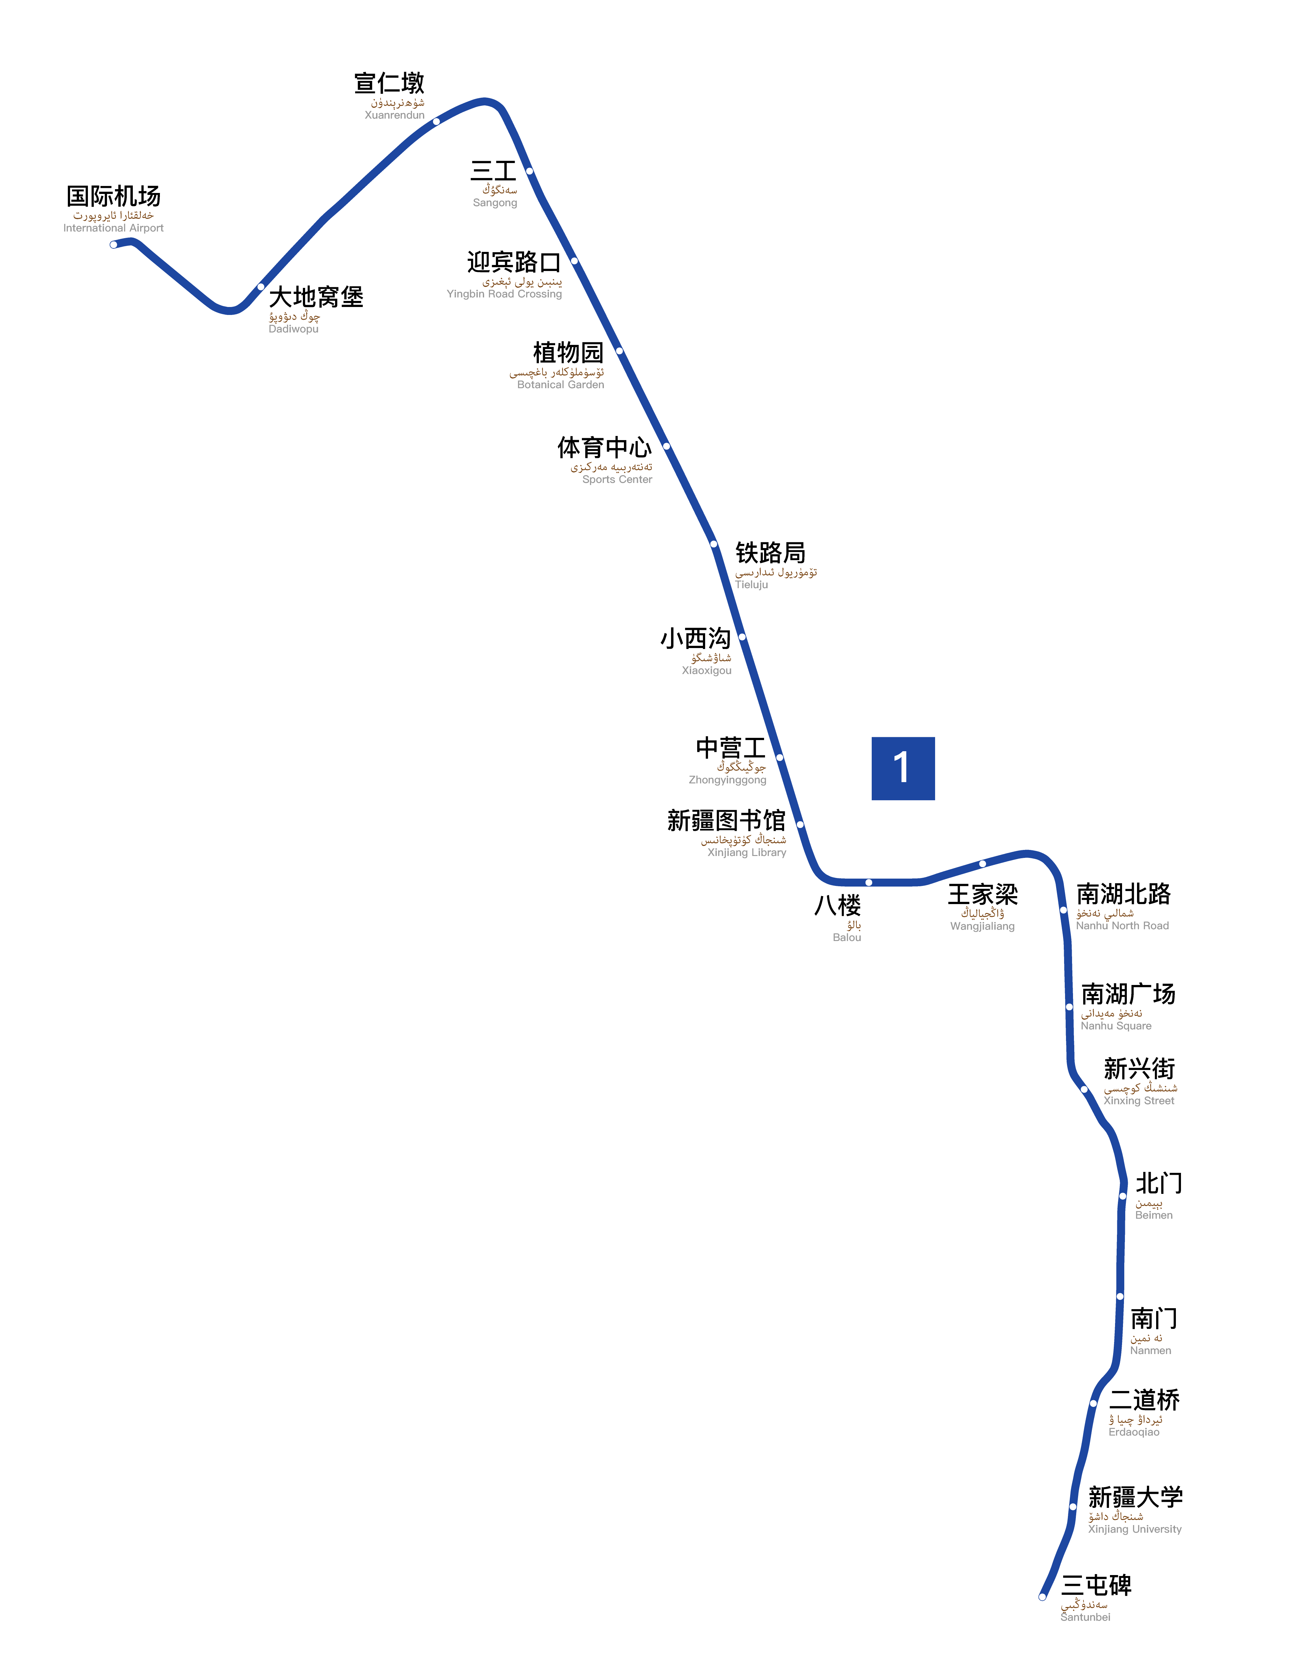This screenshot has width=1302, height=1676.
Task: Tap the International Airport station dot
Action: [x=114, y=245]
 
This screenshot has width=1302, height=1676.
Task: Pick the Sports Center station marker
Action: [x=666, y=446]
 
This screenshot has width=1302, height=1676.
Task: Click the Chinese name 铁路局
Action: [x=770, y=553]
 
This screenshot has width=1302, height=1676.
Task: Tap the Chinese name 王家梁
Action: [x=983, y=894]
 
